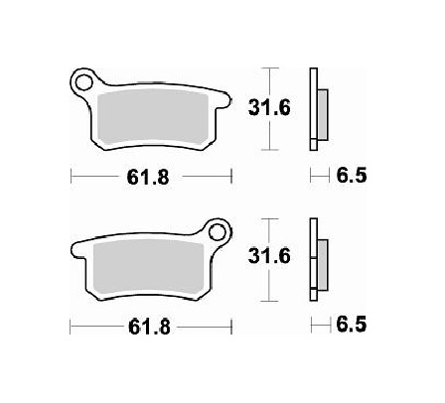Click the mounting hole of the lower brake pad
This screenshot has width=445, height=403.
click(x=217, y=235)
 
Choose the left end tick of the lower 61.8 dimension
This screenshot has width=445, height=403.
click(x=72, y=326)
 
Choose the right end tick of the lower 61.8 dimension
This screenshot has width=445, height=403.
click(x=231, y=326)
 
